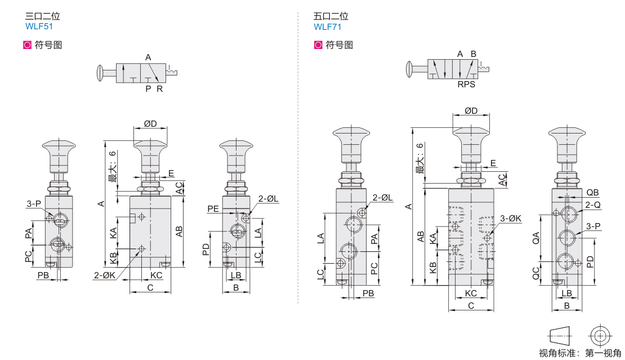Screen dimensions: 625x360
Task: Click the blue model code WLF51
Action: click(39, 26)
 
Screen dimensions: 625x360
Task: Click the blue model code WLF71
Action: click(327, 26)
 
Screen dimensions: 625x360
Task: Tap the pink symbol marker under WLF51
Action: click(27, 45)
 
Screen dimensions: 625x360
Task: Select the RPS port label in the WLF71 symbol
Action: click(466, 85)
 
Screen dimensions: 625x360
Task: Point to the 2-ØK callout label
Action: click(104, 275)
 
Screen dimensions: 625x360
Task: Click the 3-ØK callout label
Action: click(511, 219)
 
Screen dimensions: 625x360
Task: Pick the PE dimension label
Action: click(213, 209)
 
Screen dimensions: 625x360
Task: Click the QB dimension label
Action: click(592, 193)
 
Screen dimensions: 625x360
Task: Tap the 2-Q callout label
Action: click(593, 205)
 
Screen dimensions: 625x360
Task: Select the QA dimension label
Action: click(536, 238)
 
